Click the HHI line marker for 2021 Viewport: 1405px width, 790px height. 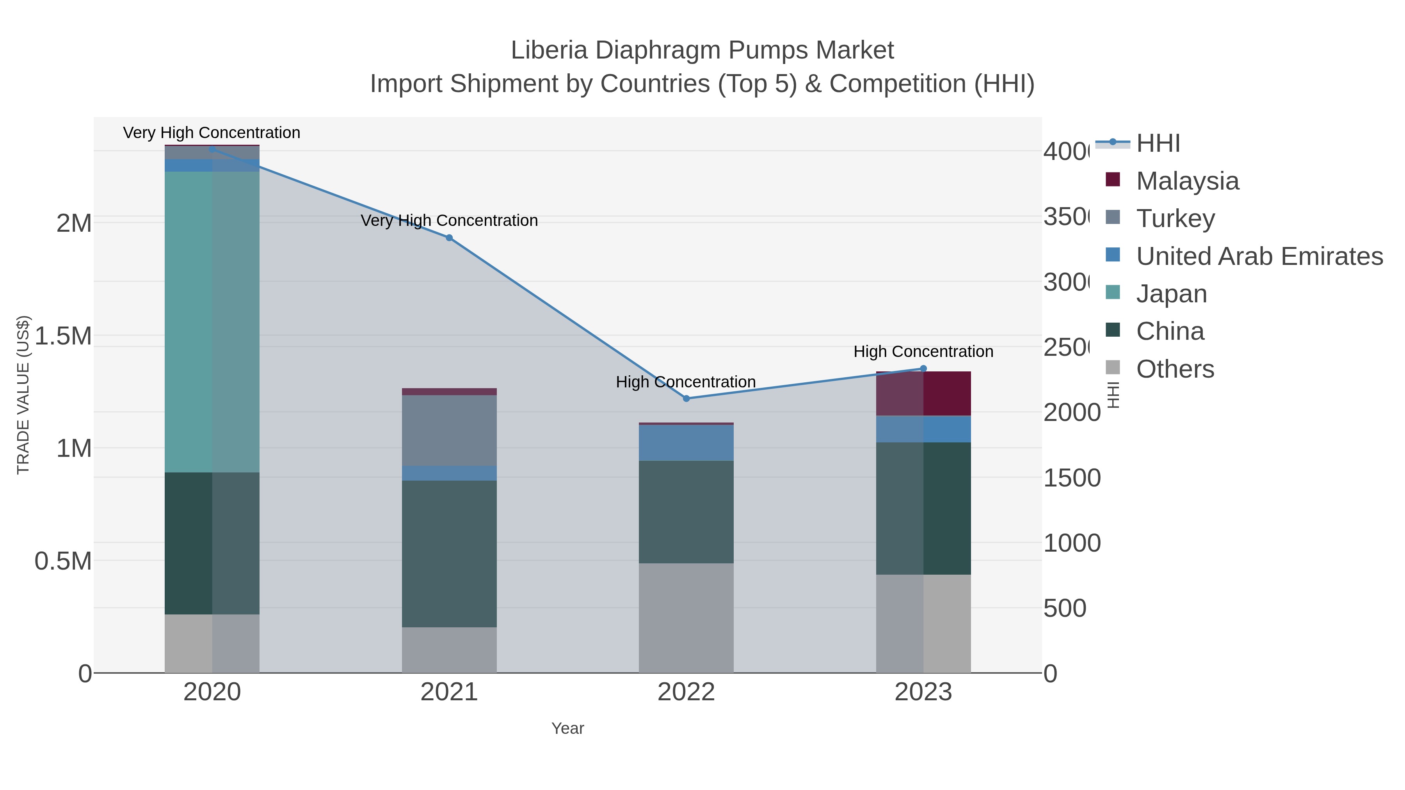tap(449, 238)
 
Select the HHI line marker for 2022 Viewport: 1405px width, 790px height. tap(686, 399)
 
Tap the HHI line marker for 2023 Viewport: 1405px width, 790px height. tap(923, 369)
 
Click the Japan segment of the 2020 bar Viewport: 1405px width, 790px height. tap(212, 322)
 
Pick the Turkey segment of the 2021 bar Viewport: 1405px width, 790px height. tap(449, 430)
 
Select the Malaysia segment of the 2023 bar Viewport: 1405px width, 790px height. tap(923, 394)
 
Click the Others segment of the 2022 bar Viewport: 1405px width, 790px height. tap(686, 618)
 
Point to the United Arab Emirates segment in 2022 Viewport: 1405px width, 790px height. tap(686, 443)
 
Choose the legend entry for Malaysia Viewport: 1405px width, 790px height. tap(1187, 181)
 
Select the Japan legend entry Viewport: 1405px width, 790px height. tap(1171, 294)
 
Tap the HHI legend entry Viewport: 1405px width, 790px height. tap(1158, 144)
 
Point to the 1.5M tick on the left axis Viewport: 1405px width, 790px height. tap(63, 336)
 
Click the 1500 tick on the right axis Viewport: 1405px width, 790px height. tap(1072, 478)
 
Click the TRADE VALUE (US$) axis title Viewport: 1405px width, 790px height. tap(23, 395)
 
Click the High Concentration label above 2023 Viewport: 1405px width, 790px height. tap(923, 352)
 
